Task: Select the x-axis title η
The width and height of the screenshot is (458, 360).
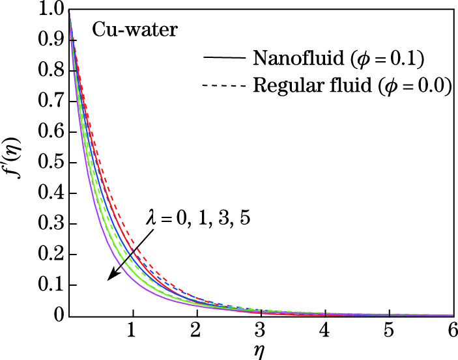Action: click(x=260, y=351)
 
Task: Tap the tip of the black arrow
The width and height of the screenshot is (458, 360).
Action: click(x=109, y=280)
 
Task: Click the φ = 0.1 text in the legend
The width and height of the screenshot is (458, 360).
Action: click(x=389, y=58)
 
